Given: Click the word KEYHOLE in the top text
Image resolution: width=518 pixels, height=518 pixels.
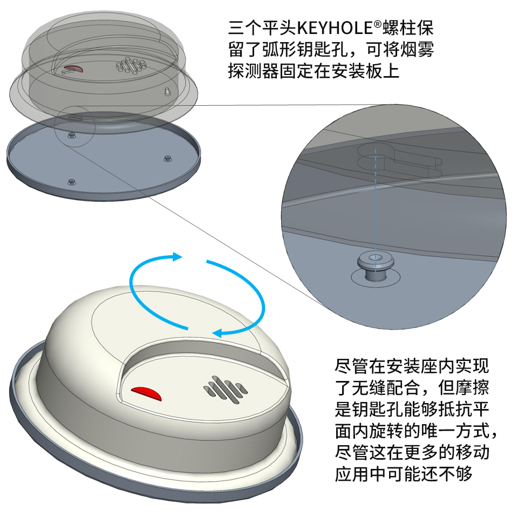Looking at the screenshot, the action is coord(335,28).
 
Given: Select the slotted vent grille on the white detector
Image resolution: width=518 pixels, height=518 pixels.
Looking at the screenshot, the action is coord(226,390).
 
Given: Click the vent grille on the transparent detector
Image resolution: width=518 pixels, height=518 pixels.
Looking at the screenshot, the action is coord(131,65).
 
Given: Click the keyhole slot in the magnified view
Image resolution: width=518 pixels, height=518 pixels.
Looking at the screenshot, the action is coord(399,161).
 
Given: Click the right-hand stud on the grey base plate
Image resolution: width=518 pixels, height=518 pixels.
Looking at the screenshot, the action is coord(168,158).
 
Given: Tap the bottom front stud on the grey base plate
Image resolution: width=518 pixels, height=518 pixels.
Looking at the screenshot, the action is coord(72,181).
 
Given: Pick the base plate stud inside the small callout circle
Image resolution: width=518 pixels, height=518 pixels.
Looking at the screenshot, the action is coord(71,134).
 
